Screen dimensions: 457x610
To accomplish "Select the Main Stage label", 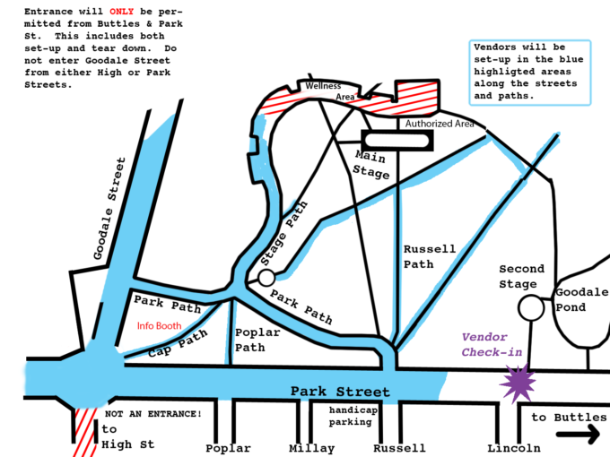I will tap(369, 165).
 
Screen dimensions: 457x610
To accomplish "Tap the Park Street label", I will tap(340, 392).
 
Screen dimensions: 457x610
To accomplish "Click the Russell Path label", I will tap(430, 256).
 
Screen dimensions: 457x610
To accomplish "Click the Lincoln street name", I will tap(515, 447).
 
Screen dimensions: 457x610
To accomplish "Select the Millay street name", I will tap(311, 447).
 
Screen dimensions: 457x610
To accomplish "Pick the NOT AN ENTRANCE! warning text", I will tap(153, 414).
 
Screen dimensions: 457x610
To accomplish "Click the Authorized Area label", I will tap(440, 124).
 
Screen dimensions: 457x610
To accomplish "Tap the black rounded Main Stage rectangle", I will tap(396, 141).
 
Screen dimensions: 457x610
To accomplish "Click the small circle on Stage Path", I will tap(266, 279).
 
